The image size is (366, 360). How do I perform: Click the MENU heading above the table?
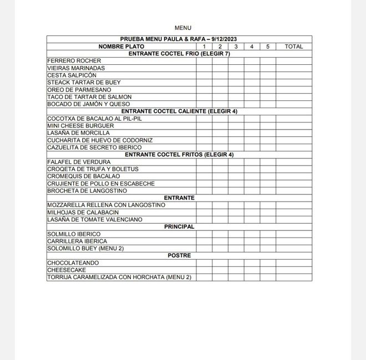coord(182,28)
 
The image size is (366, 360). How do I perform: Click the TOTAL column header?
coord(293,47)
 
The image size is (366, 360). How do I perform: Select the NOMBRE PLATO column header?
coord(121,47)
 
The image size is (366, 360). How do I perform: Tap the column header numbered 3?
coord(236,47)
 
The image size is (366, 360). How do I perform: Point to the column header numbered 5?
coord(268,47)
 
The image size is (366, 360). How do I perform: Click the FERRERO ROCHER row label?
coord(74,61)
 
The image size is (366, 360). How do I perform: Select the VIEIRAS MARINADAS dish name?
coord(76,68)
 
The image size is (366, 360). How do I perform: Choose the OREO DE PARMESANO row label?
coord(79,90)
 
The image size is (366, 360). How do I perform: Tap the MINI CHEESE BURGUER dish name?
coord(81,126)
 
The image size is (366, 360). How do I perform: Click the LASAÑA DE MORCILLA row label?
coord(79,133)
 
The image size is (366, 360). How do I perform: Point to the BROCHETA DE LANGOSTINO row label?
coord(87,191)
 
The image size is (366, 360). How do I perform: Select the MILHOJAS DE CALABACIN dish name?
coord(83,212)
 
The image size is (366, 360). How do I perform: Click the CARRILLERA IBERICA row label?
coord(77,241)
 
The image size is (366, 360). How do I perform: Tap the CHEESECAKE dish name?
coord(67,270)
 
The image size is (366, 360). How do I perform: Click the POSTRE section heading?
coord(179,255)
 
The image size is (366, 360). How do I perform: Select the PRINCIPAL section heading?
coord(179,227)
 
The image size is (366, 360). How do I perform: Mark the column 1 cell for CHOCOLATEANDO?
coord(204,263)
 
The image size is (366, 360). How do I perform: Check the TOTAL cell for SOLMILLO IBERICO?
coord(293,234)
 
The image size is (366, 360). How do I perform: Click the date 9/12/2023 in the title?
coord(223,39)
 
